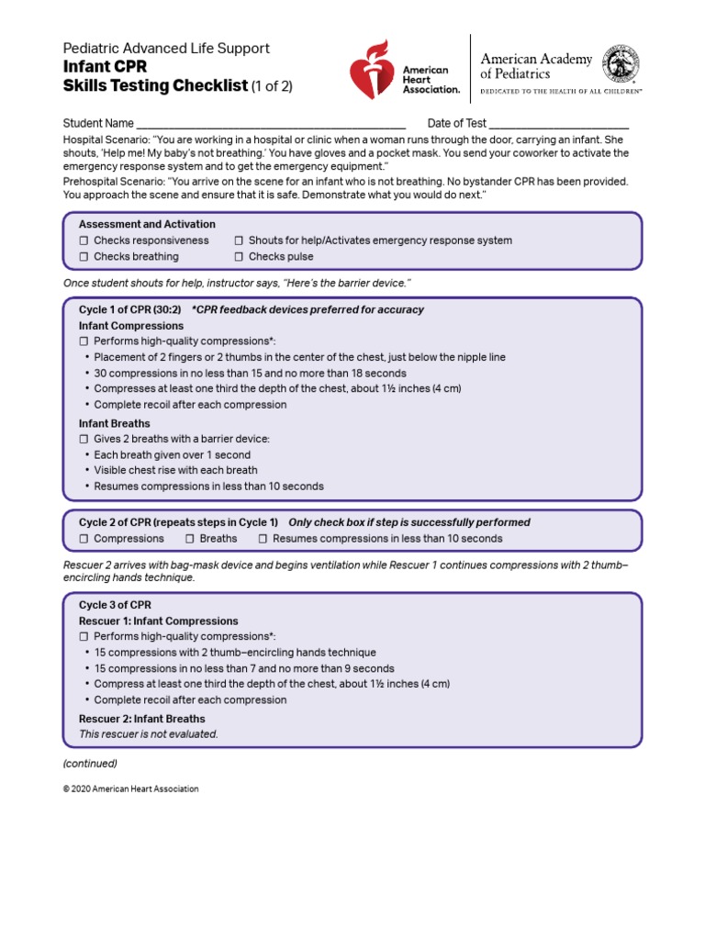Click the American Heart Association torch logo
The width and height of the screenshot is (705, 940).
(375, 69)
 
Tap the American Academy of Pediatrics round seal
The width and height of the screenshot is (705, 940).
(621, 66)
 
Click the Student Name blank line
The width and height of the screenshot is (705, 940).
(271, 124)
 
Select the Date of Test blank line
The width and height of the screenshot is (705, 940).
(559, 124)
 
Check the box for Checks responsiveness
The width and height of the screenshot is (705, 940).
(84, 241)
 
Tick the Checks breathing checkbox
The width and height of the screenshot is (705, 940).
(84, 257)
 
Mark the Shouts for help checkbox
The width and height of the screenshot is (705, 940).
(239, 241)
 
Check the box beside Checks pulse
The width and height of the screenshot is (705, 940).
(239, 257)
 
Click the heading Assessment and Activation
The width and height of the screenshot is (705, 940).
(147, 224)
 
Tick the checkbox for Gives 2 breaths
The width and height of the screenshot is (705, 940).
(84, 439)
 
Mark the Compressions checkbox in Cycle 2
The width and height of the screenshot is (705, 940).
(84, 539)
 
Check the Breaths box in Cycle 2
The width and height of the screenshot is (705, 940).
(190, 539)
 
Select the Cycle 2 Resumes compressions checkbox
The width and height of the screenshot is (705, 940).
(263, 539)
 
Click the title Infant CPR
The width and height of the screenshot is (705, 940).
(105, 67)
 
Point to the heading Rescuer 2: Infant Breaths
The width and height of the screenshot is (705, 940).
(141, 719)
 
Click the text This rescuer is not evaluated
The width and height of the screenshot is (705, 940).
(148, 734)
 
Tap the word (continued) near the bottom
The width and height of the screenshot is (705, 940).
(90, 764)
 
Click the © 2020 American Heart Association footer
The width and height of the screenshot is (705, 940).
(130, 789)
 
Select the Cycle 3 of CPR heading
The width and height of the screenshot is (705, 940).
(115, 605)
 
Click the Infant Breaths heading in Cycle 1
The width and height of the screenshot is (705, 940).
(114, 423)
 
